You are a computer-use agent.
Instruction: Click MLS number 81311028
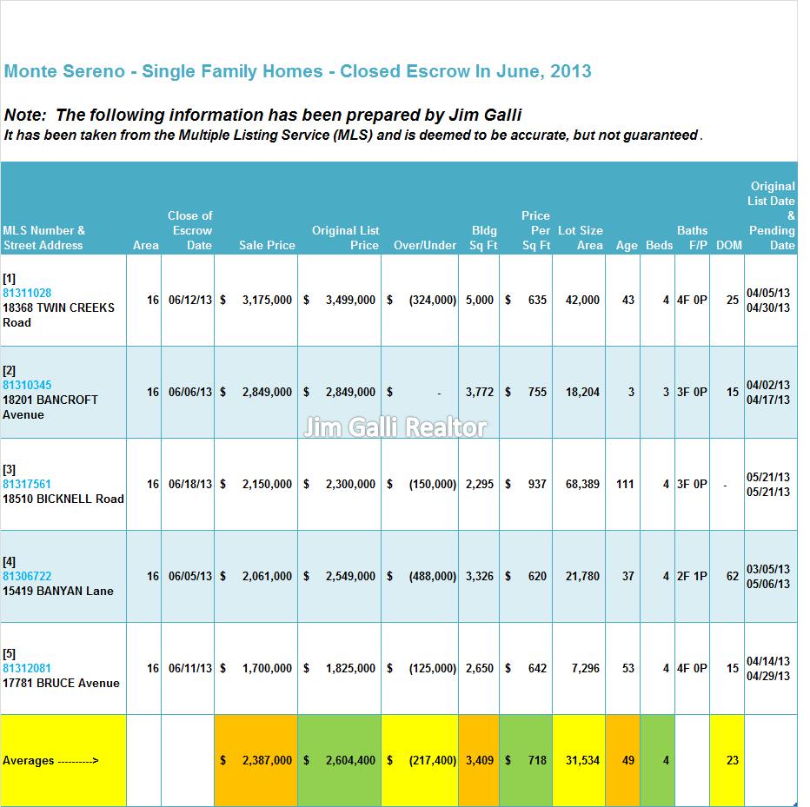pos(27,293)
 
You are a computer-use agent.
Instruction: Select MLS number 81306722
pos(27,576)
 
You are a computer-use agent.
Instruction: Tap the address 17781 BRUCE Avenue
pos(61,683)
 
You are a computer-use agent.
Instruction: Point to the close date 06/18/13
pos(190,484)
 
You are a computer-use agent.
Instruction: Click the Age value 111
pos(625,484)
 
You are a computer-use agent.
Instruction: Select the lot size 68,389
pos(582,484)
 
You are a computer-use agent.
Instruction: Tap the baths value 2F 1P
pos(692,576)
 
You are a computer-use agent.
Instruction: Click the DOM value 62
pos(733,576)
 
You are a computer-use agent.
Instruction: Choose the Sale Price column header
pos(267,245)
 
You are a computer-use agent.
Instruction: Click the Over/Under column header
pos(425,245)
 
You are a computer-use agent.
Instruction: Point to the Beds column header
pos(659,245)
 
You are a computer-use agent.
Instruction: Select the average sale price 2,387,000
pos(267,760)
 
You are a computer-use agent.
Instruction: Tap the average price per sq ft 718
pos(537,760)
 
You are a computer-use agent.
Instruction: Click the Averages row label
pos(50,761)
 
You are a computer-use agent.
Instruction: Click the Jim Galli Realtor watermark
pos(395,427)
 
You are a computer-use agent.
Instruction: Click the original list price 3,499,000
pos(350,300)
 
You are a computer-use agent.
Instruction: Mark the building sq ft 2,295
pos(480,484)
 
